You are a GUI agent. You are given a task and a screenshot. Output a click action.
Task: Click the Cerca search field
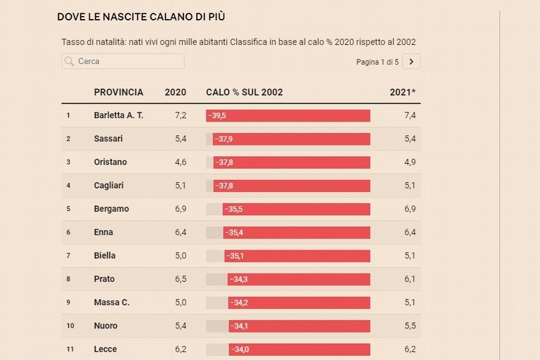coord(123,61)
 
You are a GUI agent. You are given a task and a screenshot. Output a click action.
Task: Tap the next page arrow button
coord(411,62)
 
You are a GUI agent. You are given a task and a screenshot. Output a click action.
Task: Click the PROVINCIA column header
coord(118,92)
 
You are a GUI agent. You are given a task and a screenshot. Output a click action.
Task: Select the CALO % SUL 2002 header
coord(244,92)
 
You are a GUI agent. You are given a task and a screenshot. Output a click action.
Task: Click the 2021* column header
coord(403,92)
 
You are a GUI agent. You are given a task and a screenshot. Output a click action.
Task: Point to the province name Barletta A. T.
coord(118,115)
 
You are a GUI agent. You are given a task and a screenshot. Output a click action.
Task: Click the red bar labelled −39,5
coord(288,115)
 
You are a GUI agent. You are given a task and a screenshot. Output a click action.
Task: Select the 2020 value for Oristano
coord(180,162)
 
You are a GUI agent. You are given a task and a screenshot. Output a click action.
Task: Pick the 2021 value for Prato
coord(410,279)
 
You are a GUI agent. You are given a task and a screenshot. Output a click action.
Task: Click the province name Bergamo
coord(111,209)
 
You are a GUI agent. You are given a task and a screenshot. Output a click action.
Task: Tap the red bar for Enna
coord(297,232)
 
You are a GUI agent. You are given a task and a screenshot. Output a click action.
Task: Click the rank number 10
coord(70,326)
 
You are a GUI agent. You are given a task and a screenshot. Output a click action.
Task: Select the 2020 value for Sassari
coord(180,139)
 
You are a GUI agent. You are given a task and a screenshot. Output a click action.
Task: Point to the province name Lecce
coord(105,349)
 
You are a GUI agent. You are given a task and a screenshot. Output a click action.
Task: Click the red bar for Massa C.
coord(299,302)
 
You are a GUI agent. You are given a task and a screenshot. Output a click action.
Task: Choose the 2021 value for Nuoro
coord(410,326)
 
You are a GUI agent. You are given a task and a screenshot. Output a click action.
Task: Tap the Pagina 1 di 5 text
coord(377,62)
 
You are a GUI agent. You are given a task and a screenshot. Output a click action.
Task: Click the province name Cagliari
coord(110,186)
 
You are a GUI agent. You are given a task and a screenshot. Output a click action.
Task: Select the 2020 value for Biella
coord(180,255)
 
